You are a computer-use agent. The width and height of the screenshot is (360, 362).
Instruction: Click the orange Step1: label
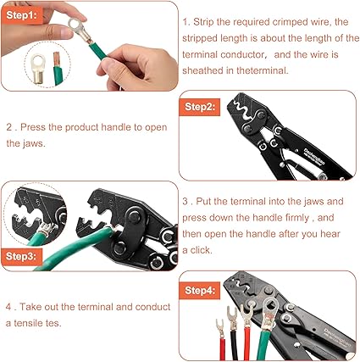pos(22,15)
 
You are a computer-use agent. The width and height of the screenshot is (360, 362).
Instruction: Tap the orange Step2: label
pos(200,107)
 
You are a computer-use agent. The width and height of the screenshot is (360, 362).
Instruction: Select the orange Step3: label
pos(21,257)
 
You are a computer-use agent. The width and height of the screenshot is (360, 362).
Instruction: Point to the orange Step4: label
pos(200,291)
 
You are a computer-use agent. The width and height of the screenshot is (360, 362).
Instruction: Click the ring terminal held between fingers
pos(79,31)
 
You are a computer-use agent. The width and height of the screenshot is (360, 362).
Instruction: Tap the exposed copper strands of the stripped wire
pos(56,59)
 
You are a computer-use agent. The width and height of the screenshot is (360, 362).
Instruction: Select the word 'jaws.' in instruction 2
pos(25,143)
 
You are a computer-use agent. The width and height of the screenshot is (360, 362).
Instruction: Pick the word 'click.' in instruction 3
pos(201,250)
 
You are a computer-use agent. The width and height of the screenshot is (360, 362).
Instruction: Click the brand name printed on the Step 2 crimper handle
pos(314,156)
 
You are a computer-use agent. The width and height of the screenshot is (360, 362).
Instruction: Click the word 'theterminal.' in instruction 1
pos(262,70)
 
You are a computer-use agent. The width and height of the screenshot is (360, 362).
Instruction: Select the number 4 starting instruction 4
pos(8,307)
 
